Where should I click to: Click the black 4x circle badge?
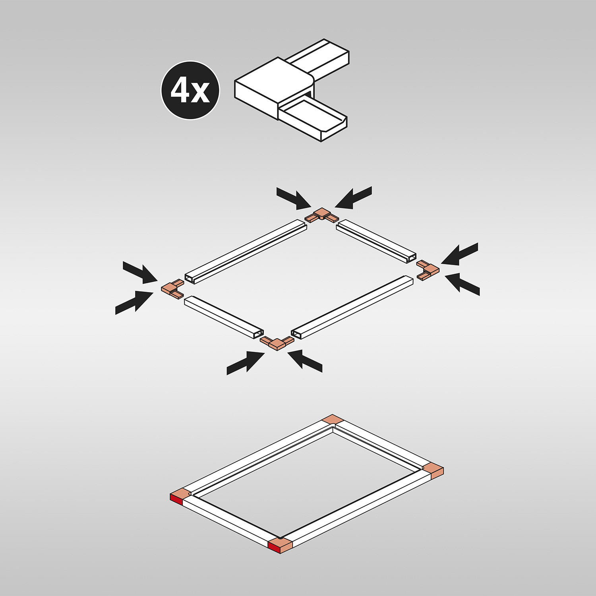(x=190, y=90)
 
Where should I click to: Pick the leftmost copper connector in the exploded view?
(x=172, y=288)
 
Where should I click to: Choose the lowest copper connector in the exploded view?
(x=277, y=342)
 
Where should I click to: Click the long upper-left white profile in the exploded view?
(x=246, y=252)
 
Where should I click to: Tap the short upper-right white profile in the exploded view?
(x=376, y=241)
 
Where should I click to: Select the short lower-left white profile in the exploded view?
(x=224, y=317)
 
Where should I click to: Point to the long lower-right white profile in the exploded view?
(x=352, y=307)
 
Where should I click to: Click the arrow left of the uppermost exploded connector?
(x=294, y=198)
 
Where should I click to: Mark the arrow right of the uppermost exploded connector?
(x=353, y=197)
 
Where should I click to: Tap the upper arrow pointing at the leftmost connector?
(x=140, y=272)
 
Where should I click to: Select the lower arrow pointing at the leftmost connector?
(x=134, y=302)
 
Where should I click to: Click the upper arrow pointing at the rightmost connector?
(x=459, y=253)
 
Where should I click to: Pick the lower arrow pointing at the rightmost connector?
(x=462, y=284)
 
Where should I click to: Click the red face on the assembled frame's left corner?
(x=176, y=499)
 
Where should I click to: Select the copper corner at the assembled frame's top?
(x=333, y=419)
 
